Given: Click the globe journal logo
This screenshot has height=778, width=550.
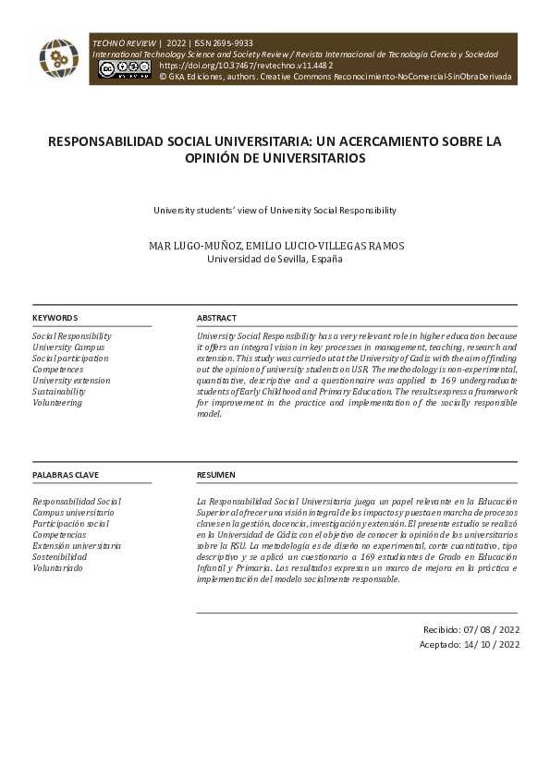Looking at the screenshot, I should (58, 58).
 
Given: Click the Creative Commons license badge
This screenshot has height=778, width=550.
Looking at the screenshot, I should (124, 69).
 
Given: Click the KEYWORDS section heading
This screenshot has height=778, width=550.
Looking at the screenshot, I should (55, 318).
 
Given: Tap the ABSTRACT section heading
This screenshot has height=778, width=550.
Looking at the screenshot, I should (216, 318).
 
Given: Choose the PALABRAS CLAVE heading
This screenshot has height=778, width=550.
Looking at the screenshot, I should (66, 475).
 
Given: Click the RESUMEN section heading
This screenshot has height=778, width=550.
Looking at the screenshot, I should (215, 475).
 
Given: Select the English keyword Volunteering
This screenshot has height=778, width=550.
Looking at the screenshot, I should (57, 403).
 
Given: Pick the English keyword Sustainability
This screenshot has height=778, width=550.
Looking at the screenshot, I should (59, 392).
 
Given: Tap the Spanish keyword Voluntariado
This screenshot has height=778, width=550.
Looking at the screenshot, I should (57, 568).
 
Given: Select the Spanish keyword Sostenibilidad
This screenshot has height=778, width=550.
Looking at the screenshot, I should (60, 557).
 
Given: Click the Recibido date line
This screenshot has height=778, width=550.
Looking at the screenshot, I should (471, 628).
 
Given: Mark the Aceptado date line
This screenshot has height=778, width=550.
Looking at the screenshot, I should (470, 644).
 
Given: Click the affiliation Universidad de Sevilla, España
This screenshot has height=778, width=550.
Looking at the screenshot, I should (275, 260).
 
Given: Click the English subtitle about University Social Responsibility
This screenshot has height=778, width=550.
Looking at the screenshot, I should (275, 211).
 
